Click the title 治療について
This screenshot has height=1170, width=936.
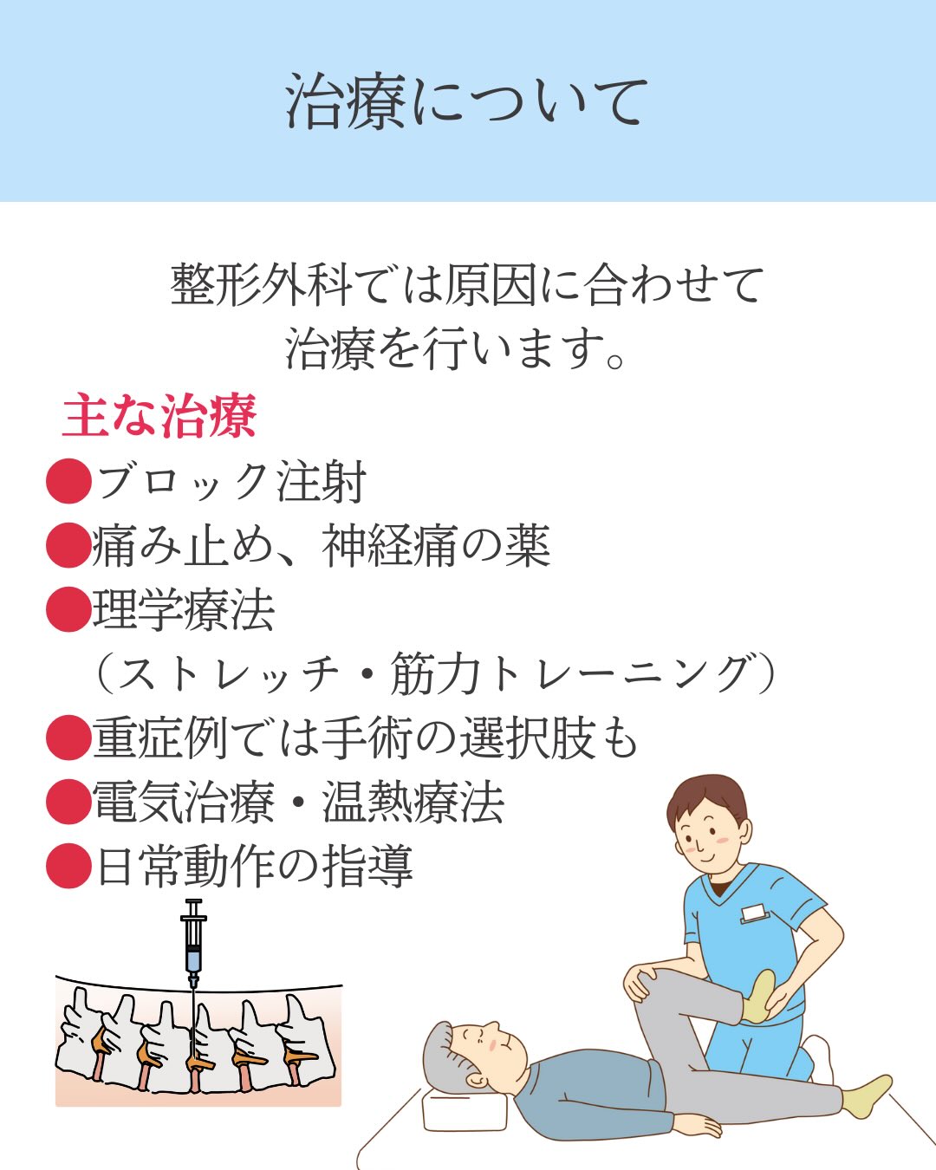click(x=467, y=101)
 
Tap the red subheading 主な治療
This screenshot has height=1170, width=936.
click(x=159, y=417)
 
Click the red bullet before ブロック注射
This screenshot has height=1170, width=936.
click(x=68, y=481)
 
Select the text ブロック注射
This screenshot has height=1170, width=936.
click(x=231, y=482)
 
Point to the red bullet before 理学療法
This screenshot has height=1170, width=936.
click(x=68, y=609)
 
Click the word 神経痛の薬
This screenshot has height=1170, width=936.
click(x=436, y=546)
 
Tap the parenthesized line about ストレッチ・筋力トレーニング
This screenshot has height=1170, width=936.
click(x=433, y=674)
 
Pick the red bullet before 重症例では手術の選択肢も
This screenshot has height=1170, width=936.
click(x=68, y=738)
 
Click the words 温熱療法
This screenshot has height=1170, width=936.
click(x=413, y=802)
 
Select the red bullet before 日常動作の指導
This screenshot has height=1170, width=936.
click(x=68, y=866)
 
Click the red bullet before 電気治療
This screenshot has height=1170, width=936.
click(x=68, y=802)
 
